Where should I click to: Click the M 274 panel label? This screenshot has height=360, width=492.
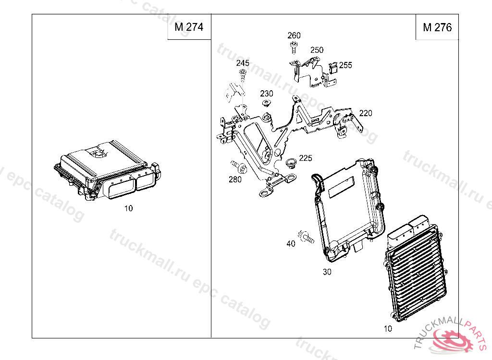coord(189,27)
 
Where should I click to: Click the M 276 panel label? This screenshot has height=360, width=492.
coord(437,27)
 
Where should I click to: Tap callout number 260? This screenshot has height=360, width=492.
coord(294,36)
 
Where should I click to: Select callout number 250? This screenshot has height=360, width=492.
coord(317,50)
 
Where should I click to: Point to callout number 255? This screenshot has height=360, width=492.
coord(345,65)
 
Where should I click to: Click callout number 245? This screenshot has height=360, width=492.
coord(243,63)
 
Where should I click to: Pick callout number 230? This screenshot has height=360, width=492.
coord(267,94)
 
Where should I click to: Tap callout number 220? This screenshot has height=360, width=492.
coord(366,113)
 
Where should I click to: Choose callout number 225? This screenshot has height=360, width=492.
coord(306,158)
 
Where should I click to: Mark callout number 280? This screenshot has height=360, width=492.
coord(235,180)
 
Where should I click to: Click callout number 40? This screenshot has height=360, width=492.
coord(291,244)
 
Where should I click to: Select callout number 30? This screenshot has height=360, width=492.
coord(327,272)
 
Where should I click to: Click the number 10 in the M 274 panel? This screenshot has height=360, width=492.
coord(128,208)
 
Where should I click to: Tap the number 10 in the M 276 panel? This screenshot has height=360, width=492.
coord(388,329)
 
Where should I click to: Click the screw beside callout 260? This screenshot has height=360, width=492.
coord(293,46)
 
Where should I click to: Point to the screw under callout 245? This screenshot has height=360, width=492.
coord(243,74)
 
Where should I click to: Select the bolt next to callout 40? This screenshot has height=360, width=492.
coord(306,237)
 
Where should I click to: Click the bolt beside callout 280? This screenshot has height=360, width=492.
coord(238,167)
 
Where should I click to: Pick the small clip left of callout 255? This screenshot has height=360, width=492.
coord(332,69)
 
